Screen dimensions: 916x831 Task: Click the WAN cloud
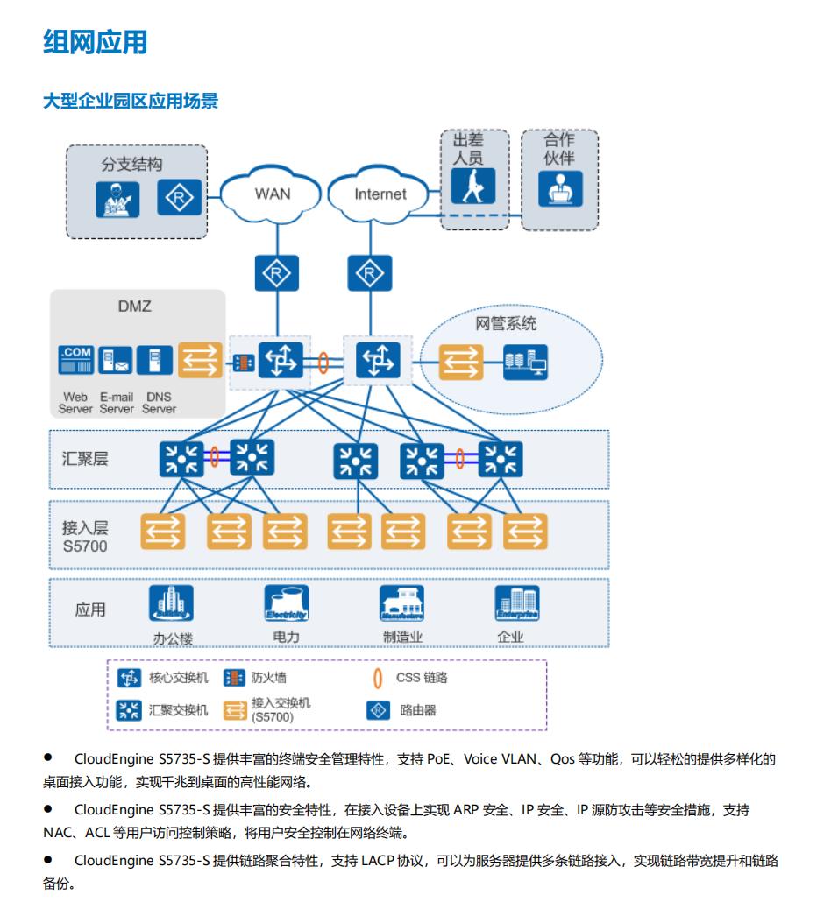pyautogui.click(x=272, y=194)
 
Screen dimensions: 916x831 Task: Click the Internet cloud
pyautogui.click(x=380, y=194)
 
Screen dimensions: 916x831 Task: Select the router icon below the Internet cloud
pyautogui.click(x=367, y=274)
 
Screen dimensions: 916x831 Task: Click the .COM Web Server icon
pyautogui.click(x=75, y=362)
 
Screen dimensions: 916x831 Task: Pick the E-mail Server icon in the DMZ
pyautogui.click(x=115, y=362)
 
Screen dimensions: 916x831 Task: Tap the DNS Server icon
pyautogui.click(x=155, y=362)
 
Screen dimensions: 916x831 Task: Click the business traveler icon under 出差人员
pyautogui.click(x=473, y=185)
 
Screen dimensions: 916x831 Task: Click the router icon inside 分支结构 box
pyautogui.click(x=179, y=198)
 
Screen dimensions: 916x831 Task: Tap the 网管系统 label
pyautogui.click(x=506, y=324)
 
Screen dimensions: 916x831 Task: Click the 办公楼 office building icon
pyautogui.click(x=172, y=604)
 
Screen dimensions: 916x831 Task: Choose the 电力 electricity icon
pyautogui.click(x=287, y=604)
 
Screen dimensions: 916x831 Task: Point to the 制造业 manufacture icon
pyautogui.click(x=401, y=604)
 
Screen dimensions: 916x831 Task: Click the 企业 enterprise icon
pyautogui.click(x=517, y=604)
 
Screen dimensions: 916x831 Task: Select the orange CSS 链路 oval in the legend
pyautogui.click(x=378, y=678)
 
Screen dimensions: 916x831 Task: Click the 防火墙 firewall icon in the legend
pyautogui.click(x=234, y=678)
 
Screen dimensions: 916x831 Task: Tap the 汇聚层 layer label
pyautogui.click(x=85, y=459)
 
